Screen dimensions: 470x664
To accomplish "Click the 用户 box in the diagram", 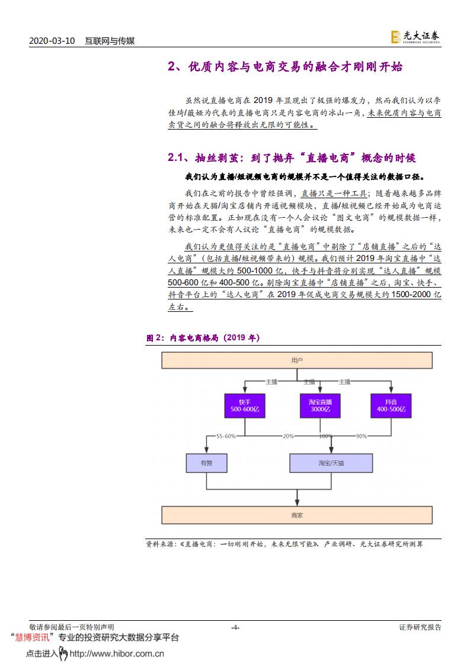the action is click(297, 360).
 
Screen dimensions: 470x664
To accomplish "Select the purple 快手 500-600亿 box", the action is click(242, 405).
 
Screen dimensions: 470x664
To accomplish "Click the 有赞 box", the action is click(206, 463).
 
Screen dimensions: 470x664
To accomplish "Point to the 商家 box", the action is click(297, 515).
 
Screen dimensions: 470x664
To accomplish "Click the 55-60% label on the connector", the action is click(226, 436).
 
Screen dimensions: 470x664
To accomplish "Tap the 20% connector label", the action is click(288, 436).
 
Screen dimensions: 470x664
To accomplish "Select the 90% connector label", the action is click(361, 436).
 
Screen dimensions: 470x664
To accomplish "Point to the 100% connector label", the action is click(325, 436).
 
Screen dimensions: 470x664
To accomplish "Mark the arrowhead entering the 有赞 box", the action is click(206, 451).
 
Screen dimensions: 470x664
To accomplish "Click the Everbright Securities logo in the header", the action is click(415, 37).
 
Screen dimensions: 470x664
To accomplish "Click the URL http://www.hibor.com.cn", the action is click(117, 654).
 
